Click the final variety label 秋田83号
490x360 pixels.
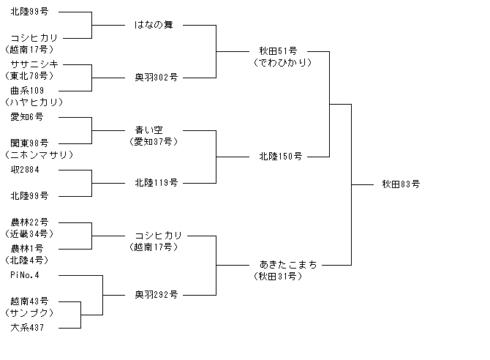pos(401,184)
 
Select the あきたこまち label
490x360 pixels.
pos(288,265)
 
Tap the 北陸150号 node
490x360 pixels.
pos(281,157)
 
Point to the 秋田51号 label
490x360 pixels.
pos(278,51)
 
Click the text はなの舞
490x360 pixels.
pos(154,25)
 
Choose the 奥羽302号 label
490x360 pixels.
pos(157,78)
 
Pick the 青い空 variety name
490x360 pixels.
pos(148,130)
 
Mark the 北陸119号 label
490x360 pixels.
pos(157,183)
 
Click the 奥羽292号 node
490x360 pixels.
pos(157,295)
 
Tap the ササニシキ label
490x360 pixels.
pos(34,64)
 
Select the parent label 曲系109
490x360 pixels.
pos(27,91)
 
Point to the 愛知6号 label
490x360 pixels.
pos(27,117)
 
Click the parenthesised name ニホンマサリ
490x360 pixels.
pos(39,155)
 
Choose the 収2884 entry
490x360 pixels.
pos(25,170)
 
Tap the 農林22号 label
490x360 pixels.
pos(29,222)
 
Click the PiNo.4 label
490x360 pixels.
pos(25,275)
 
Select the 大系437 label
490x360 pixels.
pos(27,328)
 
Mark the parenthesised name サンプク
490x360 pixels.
pos(29,312)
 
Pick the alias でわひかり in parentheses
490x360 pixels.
pos(283,63)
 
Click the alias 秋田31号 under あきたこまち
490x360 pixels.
pos(278,277)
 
